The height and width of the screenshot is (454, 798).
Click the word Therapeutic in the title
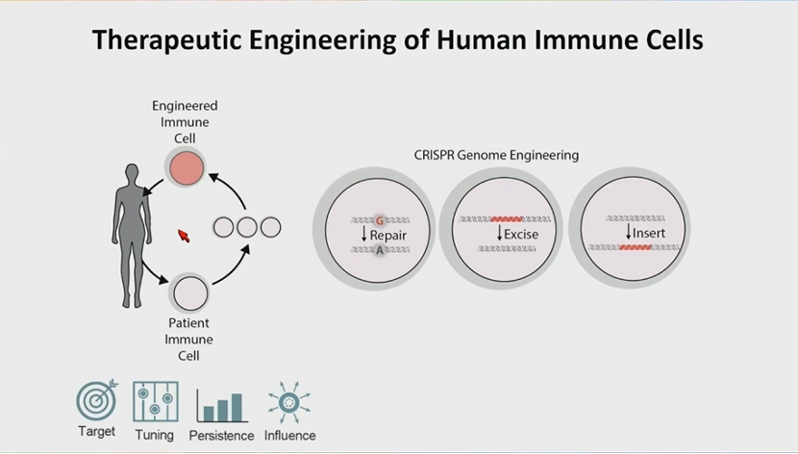pyautogui.click(x=167, y=40)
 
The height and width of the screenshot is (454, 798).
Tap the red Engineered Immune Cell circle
pyautogui.click(x=187, y=168)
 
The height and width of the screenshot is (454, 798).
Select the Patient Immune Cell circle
pyautogui.click(x=191, y=293)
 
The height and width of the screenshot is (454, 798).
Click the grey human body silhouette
pyautogui.click(x=132, y=236)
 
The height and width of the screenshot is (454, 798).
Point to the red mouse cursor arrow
pyautogui.click(x=184, y=236)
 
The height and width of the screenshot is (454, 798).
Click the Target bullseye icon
pyautogui.click(x=97, y=400)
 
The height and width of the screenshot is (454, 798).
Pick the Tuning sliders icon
pyautogui.click(x=156, y=401)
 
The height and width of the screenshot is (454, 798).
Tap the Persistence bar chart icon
pyautogui.click(x=222, y=406)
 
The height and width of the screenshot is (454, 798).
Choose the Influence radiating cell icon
pyautogui.click(x=289, y=403)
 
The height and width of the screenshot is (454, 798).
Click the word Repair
pyautogui.click(x=388, y=235)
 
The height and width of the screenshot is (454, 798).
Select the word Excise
pyautogui.click(x=521, y=234)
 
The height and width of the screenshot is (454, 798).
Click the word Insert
pyautogui.click(x=649, y=233)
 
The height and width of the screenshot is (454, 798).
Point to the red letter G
pyautogui.click(x=379, y=221)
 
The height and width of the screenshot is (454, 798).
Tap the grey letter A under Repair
pyautogui.click(x=379, y=250)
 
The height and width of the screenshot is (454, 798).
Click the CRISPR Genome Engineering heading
pyautogui.click(x=496, y=155)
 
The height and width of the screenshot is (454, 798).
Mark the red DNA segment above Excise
pyautogui.click(x=507, y=219)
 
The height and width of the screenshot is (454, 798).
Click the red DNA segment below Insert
pyautogui.click(x=636, y=247)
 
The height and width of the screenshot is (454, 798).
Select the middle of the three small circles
pyautogui.click(x=247, y=228)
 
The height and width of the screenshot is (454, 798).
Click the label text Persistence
pyautogui.click(x=221, y=436)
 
